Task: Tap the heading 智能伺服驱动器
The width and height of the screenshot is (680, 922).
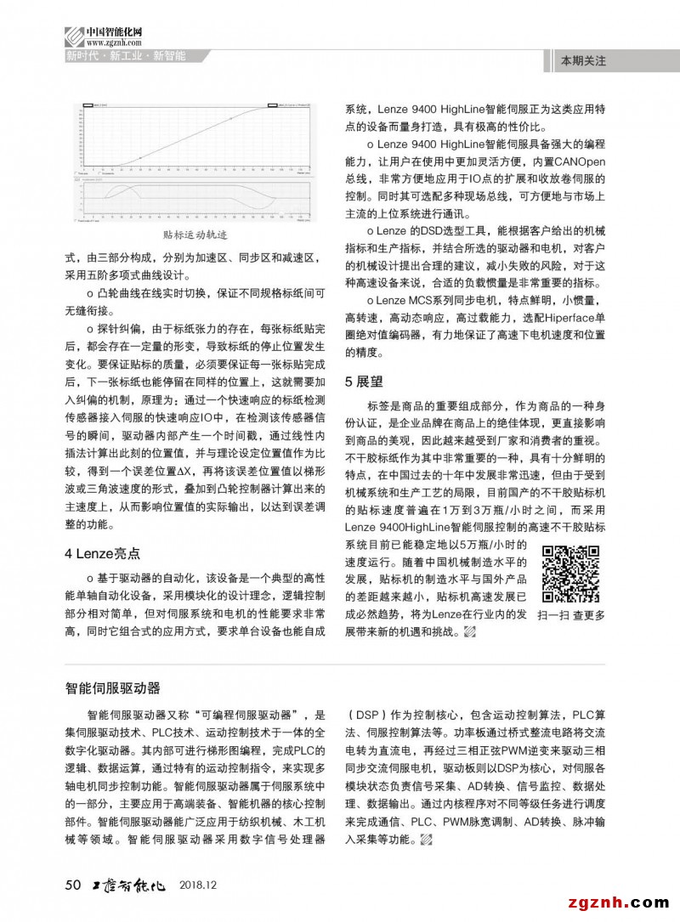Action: pos(113,687)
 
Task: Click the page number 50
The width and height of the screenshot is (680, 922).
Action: pos(72,885)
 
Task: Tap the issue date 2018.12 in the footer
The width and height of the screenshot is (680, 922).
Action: pos(199,885)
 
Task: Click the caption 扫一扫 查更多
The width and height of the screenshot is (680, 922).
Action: pos(571,615)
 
